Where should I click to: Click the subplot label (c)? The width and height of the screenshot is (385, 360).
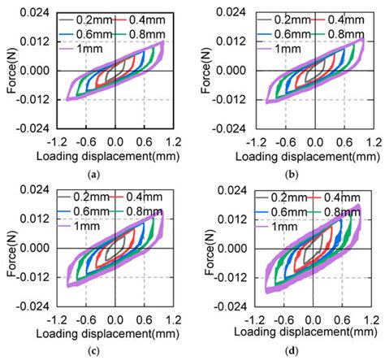[x=116, y=350]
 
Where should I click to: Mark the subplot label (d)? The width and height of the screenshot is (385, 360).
[x=309, y=350]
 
